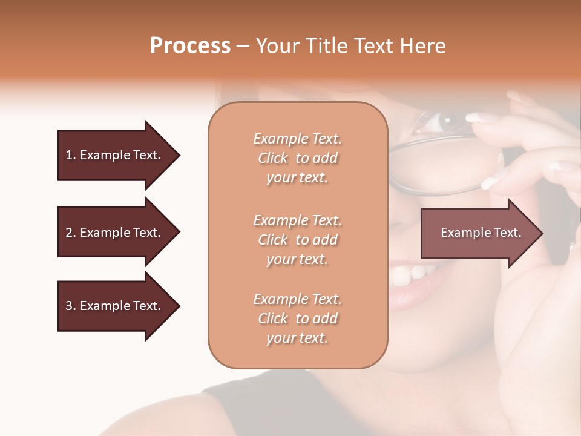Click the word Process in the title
pyautogui.click(x=190, y=46)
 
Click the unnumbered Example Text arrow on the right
pyautogui.click(x=481, y=233)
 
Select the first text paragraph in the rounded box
pyautogui.click(x=297, y=158)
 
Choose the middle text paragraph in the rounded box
pyautogui.click(x=297, y=239)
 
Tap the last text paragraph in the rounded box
pyautogui.click(x=297, y=319)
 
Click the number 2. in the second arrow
pyautogui.click(x=71, y=233)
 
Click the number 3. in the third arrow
pyautogui.click(x=71, y=306)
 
